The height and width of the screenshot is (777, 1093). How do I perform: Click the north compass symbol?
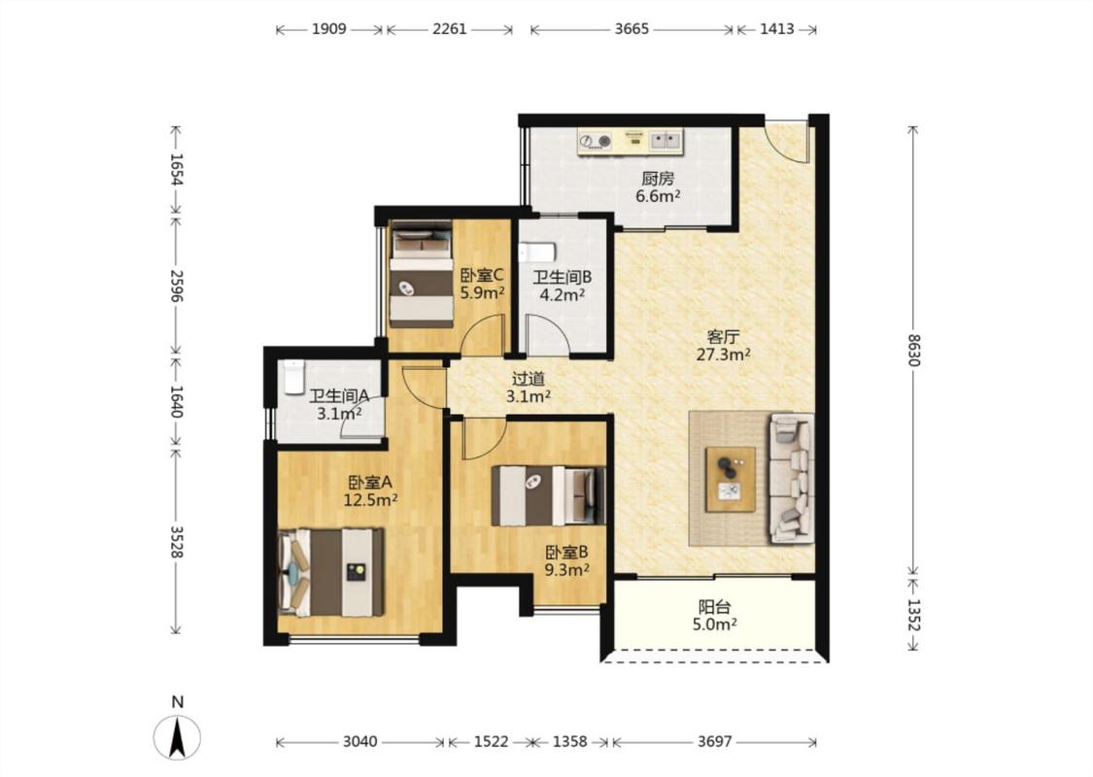pyautogui.click(x=177, y=736)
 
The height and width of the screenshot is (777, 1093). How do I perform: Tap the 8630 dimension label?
pyautogui.click(x=914, y=351)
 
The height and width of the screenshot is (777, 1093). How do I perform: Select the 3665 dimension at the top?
pyautogui.click(x=632, y=28)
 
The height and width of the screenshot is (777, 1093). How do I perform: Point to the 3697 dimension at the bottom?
pyautogui.click(x=714, y=741)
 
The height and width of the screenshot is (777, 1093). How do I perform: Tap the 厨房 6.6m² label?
pyautogui.click(x=658, y=186)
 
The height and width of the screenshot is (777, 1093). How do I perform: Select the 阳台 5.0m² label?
pyautogui.click(x=715, y=616)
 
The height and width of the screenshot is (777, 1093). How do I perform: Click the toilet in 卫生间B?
pyautogui.click(x=536, y=251)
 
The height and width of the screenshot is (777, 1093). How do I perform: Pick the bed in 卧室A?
pyautogui.click(x=330, y=572)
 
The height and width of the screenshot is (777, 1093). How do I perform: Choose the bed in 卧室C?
pyautogui.click(x=421, y=274)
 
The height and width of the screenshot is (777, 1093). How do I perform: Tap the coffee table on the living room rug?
pyautogui.click(x=731, y=480)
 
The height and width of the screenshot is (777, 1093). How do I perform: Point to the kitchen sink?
pyautogui.click(x=666, y=141)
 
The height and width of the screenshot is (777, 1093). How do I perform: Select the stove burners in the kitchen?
pyautogui.click(x=596, y=142)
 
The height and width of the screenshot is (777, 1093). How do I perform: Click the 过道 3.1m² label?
pyautogui.click(x=529, y=388)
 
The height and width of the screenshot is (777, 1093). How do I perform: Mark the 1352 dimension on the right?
pyautogui.click(x=914, y=615)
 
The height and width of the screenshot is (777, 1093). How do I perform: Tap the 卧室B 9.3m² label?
pyautogui.click(x=566, y=561)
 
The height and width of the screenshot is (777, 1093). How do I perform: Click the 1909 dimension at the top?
pyautogui.click(x=329, y=28)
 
